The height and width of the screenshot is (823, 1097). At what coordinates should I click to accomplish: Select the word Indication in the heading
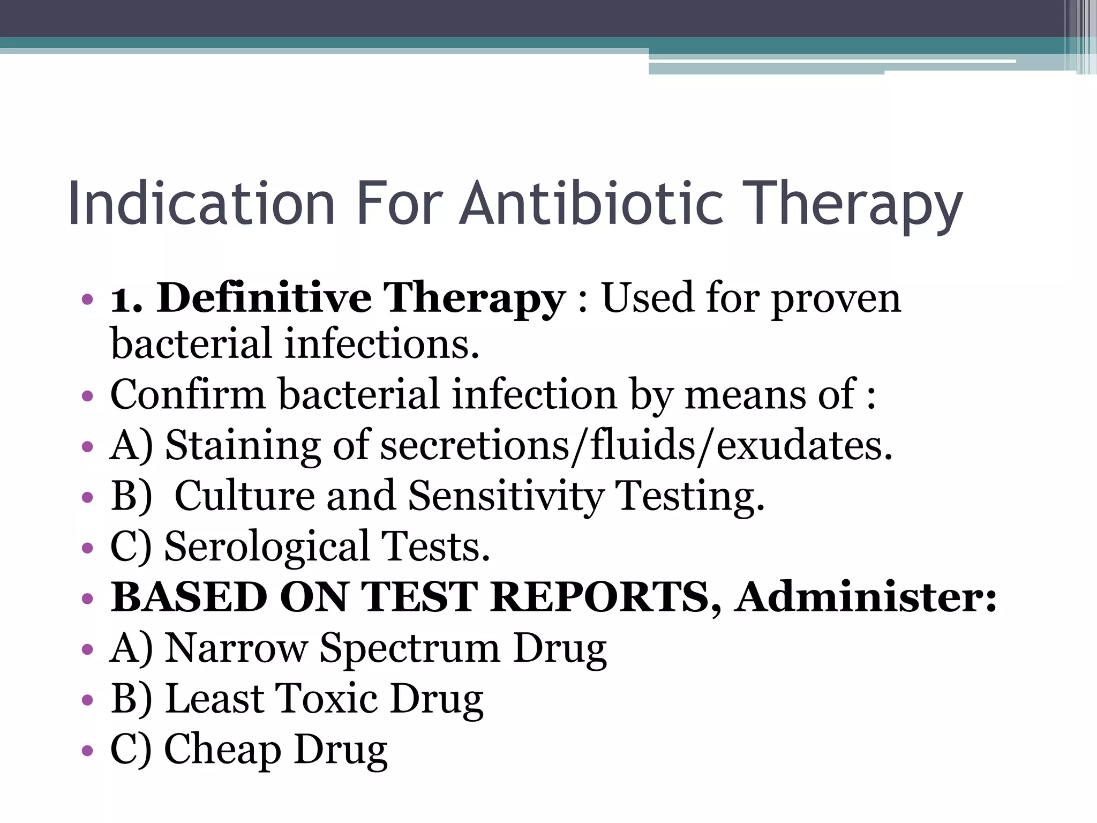pyautogui.click(x=201, y=204)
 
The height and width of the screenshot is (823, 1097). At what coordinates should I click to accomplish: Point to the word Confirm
pyautogui.click(x=187, y=394)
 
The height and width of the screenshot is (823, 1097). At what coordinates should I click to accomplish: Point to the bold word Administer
pyautogui.click(x=866, y=597)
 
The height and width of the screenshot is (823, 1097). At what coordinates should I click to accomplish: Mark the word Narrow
pyautogui.click(x=236, y=648)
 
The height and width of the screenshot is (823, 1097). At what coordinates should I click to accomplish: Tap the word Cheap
pyautogui.click(x=222, y=750)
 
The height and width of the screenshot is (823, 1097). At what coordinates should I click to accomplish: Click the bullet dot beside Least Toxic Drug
pyautogui.click(x=87, y=700)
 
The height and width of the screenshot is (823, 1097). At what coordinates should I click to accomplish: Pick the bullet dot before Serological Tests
pyautogui.click(x=87, y=549)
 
